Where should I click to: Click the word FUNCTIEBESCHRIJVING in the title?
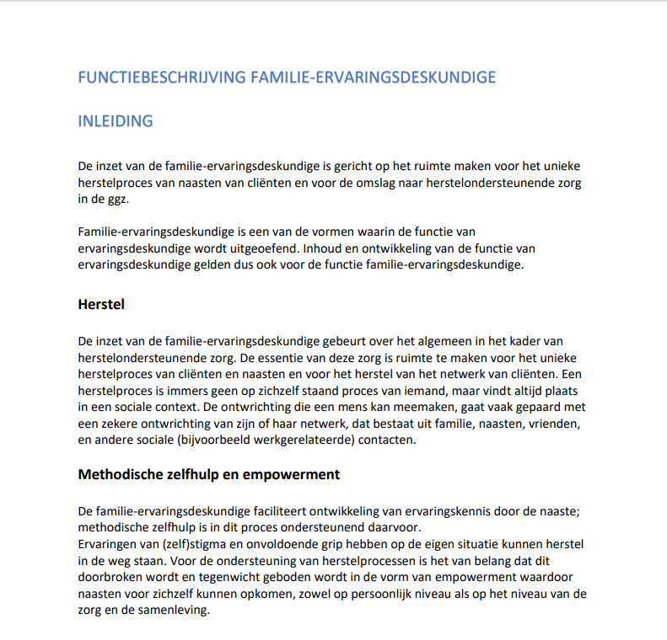[161, 77]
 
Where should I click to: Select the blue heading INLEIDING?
[116, 120]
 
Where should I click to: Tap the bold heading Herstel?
[101, 304]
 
